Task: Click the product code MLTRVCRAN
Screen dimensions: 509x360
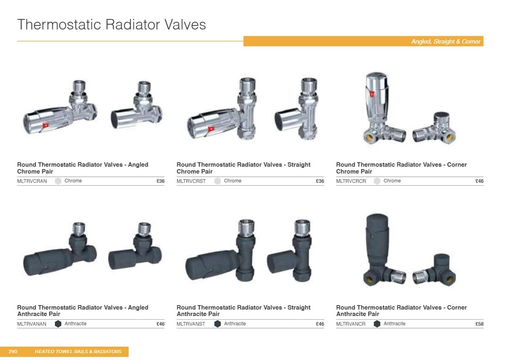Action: coord(32,181)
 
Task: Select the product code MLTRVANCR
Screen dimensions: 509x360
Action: coord(350,324)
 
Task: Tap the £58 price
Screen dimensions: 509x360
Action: coord(480,324)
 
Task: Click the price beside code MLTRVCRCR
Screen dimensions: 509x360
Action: coord(480,181)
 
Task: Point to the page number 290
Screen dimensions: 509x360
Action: coord(13,352)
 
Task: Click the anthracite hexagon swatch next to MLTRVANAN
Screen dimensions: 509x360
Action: coord(58,324)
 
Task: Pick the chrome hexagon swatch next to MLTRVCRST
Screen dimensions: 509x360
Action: coord(217,181)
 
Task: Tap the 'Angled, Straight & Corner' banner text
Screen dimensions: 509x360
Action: coord(446,42)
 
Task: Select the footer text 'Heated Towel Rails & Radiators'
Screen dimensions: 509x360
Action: coord(78,352)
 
